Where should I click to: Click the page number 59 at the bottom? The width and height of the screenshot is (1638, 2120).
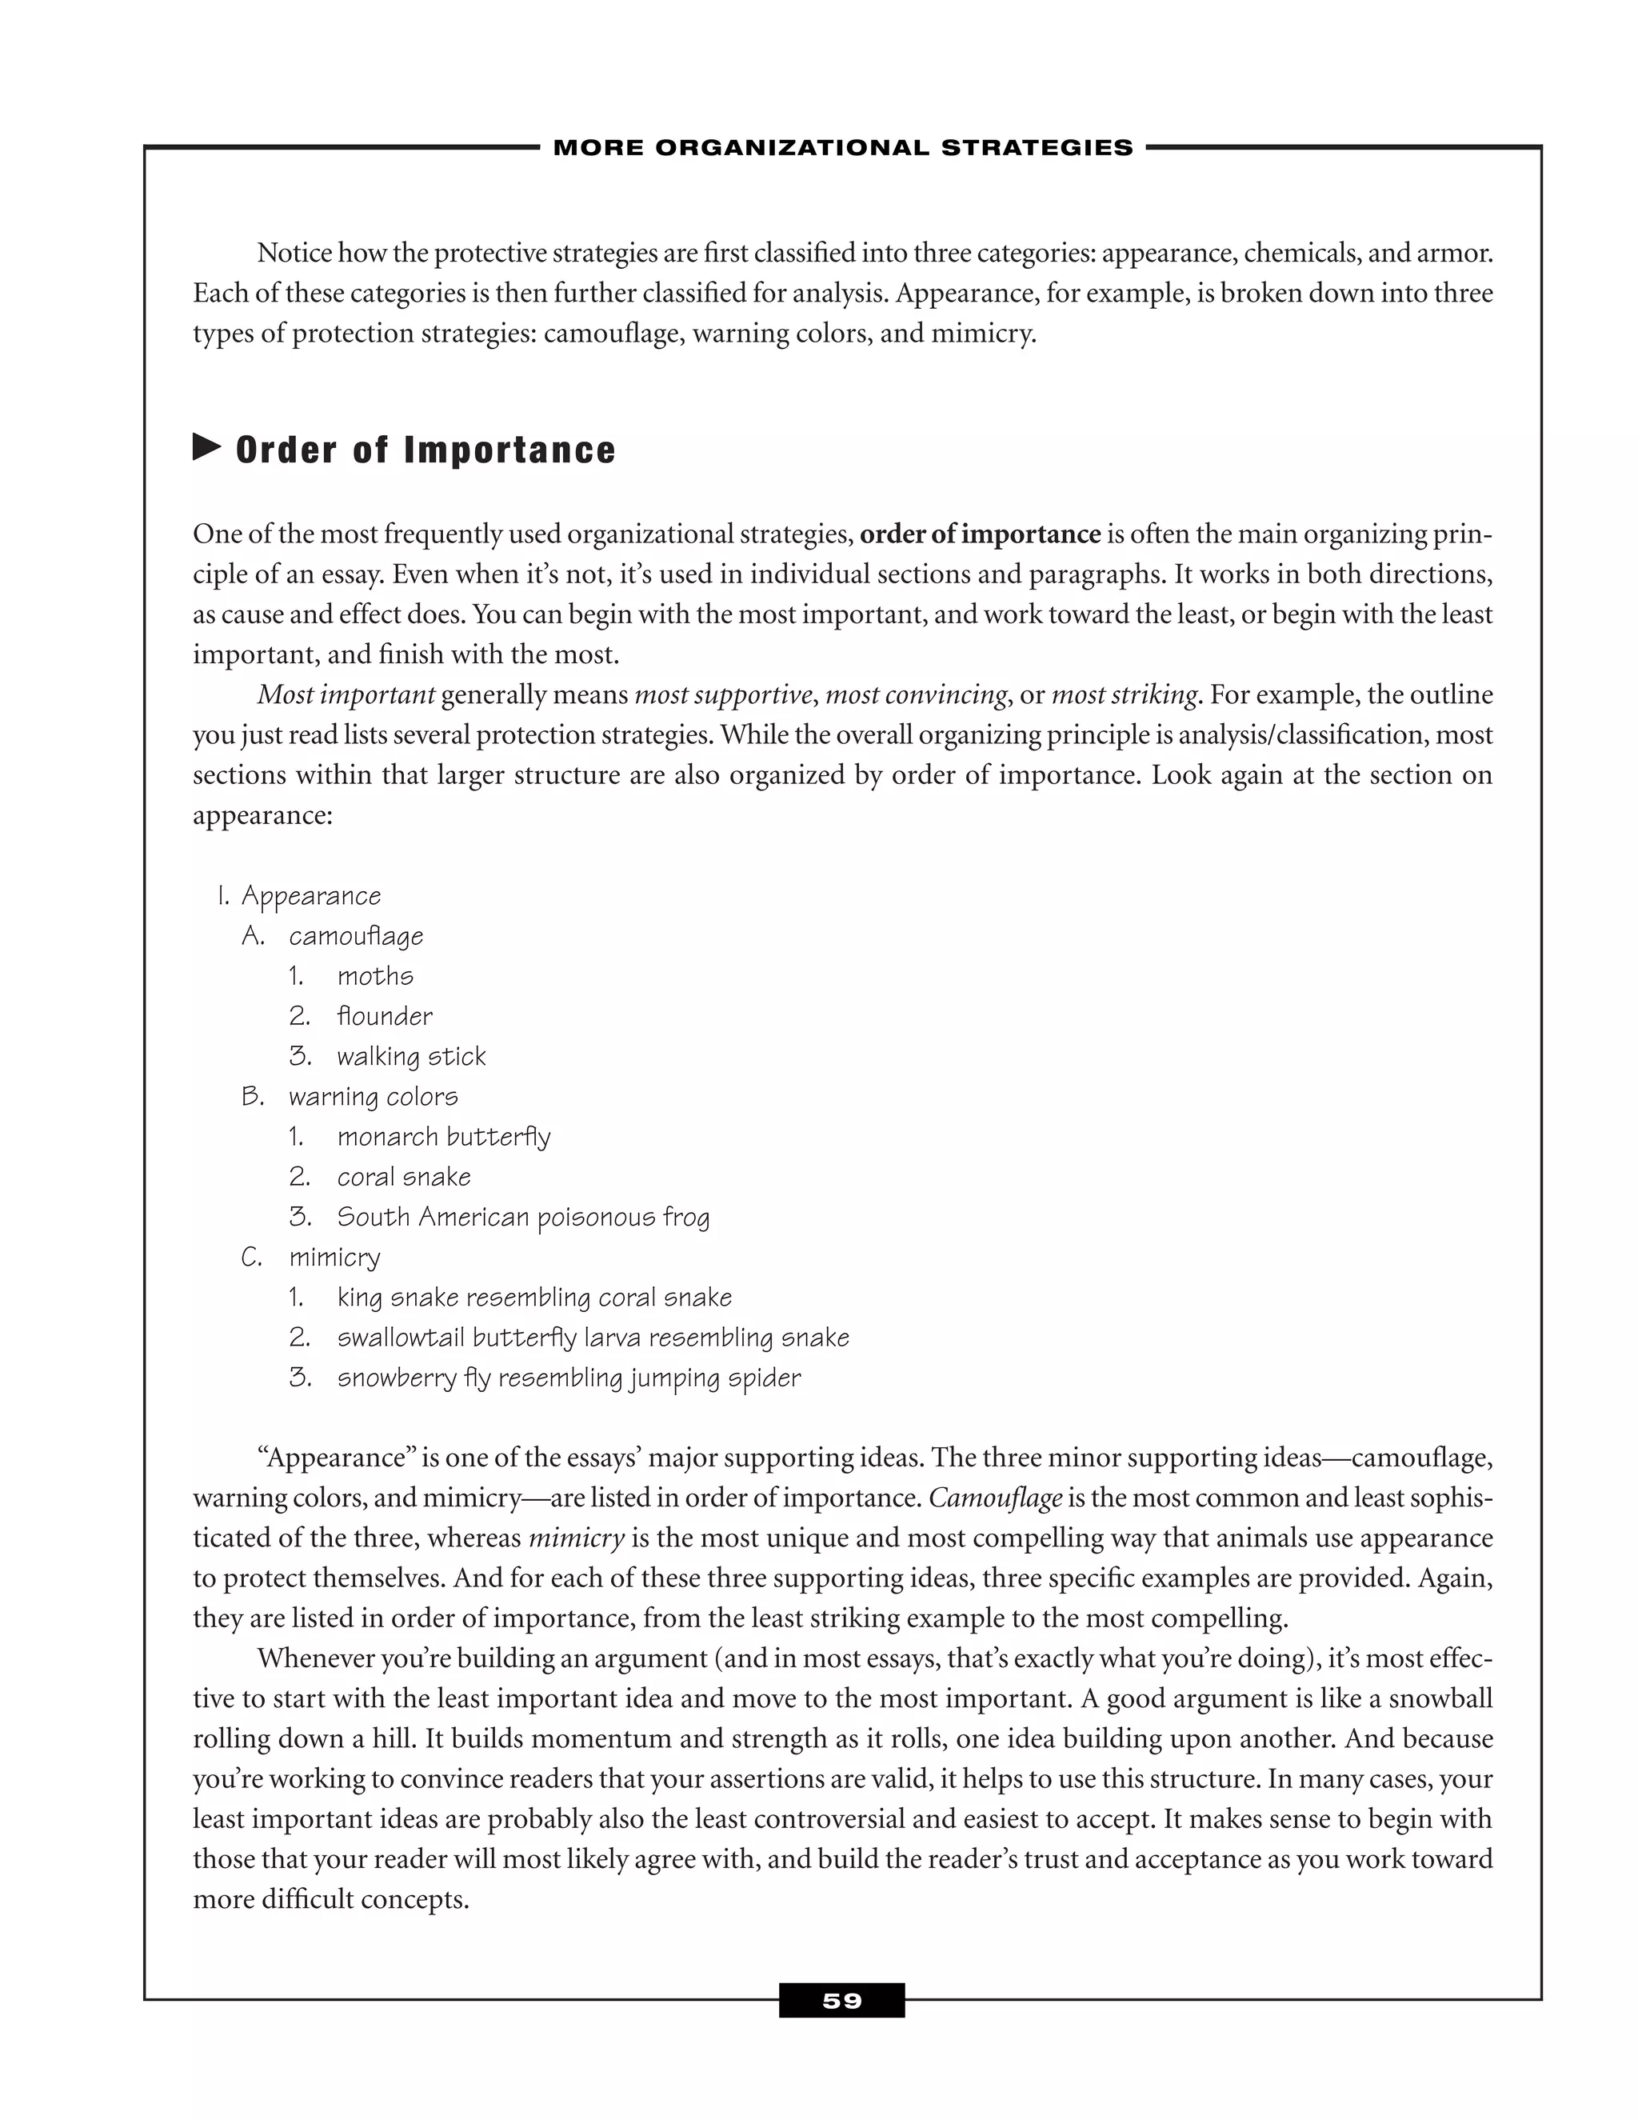pyautogui.click(x=841, y=2001)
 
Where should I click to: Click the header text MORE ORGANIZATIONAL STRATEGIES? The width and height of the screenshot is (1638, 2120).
pyautogui.click(x=842, y=147)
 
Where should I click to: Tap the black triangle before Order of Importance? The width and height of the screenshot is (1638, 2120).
pyautogui.click(x=206, y=447)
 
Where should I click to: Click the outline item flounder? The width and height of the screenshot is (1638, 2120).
pyautogui.click(x=384, y=1016)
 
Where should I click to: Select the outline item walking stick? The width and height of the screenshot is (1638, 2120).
pyautogui.click(x=410, y=1056)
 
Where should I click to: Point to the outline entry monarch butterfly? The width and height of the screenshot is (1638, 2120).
pyautogui.click(x=443, y=1137)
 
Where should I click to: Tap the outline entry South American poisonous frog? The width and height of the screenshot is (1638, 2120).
pyautogui.click(x=523, y=1218)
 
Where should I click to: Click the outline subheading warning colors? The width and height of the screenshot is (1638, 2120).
pyautogui.click(x=373, y=1097)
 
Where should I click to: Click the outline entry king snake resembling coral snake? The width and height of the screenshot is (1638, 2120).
pyautogui.click(x=533, y=1298)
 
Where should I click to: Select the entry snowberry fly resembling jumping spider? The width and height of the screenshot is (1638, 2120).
pyautogui.click(x=569, y=1378)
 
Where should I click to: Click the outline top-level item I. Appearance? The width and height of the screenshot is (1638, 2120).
pyautogui.click(x=310, y=896)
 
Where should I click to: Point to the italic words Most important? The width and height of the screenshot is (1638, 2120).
pyautogui.click(x=346, y=695)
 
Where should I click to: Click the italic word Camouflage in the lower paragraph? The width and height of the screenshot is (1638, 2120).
pyautogui.click(x=995, y=1498)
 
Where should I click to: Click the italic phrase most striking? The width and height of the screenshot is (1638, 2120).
pyautogui.click(x=1124, y=695)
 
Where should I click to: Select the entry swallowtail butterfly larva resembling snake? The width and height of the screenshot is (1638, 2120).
pyautogui.click(x=593, y=1338)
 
